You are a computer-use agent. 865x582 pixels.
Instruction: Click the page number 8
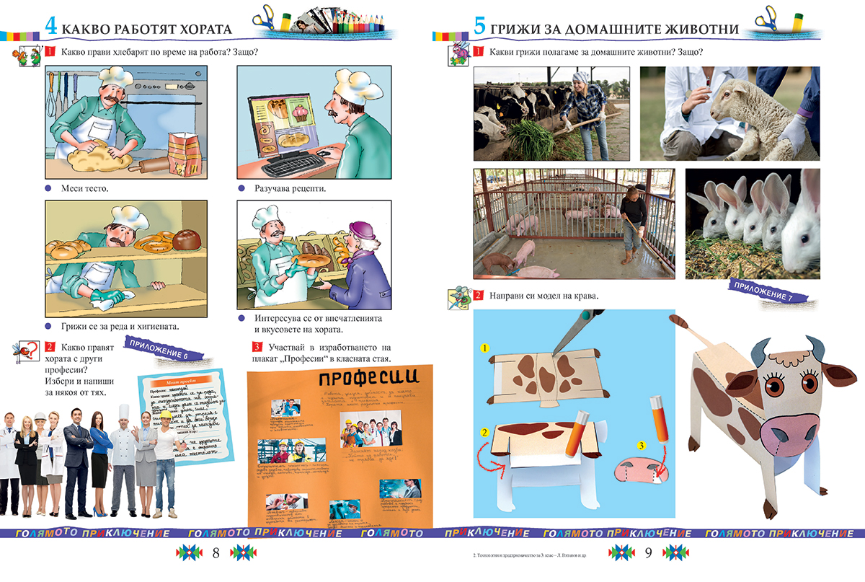216,554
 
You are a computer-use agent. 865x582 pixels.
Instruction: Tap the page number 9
648,554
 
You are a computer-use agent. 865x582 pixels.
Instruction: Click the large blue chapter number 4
51,26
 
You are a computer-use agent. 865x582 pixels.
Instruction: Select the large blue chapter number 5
479,26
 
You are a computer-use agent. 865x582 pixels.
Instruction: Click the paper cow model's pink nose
786,435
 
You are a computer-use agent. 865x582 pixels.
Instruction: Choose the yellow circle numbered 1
485,348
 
